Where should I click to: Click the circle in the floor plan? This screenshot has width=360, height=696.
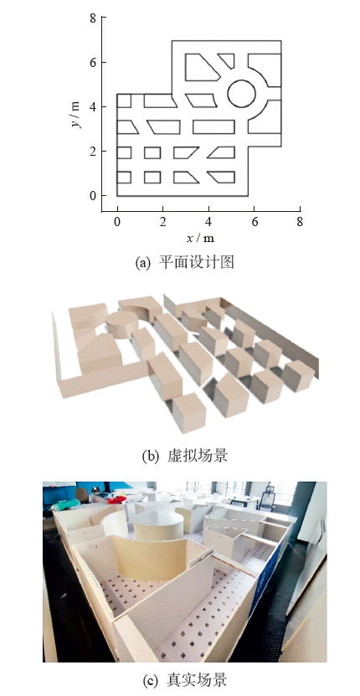coord(241,80)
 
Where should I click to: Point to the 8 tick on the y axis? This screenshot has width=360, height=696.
coord(104,17)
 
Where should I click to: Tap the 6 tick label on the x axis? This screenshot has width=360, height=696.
coord(255,222)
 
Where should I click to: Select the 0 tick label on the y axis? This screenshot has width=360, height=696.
coord(92,196)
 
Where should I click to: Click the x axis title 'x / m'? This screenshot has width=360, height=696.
coord(200,238)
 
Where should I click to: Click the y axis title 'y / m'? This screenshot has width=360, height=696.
coord(76,115)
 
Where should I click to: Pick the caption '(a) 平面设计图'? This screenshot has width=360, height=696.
coord(184,262)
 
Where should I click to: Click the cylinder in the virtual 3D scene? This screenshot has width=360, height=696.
coord(122,324)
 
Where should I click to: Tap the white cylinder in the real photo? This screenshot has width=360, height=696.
coord(158,525)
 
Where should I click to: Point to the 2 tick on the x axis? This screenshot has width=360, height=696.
coord(163,209)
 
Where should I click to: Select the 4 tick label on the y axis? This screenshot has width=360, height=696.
coord(92,107)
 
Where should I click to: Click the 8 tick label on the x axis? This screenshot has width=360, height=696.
coord(300,222)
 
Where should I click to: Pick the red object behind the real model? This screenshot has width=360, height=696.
coord(117,500)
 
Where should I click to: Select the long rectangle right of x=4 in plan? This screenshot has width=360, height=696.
coord(213,127)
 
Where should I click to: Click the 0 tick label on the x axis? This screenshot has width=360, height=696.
coord(117,222)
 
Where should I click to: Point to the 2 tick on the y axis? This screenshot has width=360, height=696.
coord(104,152)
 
